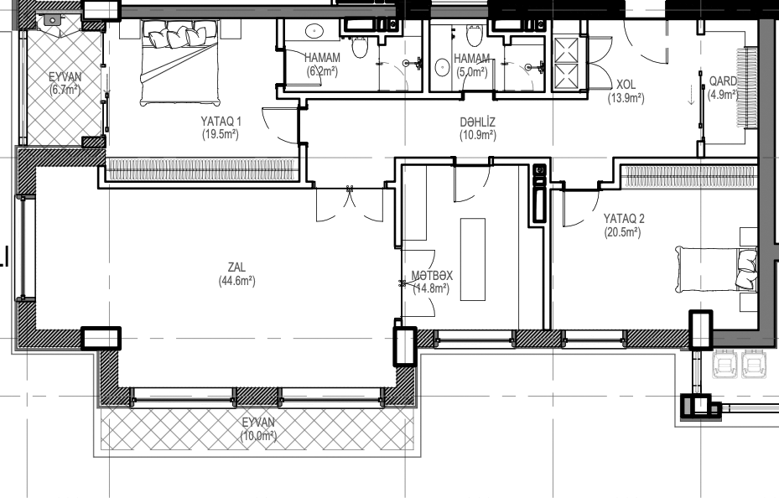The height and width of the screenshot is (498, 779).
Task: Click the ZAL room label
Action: point(236,267)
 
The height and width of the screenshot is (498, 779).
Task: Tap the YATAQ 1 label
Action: point(221,121)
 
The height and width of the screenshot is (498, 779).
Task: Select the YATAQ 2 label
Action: point(624,219)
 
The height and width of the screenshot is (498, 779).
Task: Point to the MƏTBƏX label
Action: point(432,276)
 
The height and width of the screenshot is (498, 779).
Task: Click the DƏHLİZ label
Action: point(477,122)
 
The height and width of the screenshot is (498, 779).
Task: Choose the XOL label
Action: point(626,85)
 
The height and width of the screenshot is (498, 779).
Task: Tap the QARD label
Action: point(723,81)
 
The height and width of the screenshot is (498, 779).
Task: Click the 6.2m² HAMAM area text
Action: point(323,71)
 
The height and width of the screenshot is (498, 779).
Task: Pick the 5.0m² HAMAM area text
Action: point(472,72)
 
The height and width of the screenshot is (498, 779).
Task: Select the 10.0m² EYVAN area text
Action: point(258,437)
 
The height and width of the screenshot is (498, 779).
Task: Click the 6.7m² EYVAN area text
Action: point(65,90)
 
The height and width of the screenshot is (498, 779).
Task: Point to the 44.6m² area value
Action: point(237,281)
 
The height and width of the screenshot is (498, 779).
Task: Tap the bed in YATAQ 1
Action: point(179,62)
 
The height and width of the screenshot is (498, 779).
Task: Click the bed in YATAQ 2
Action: point(716,268)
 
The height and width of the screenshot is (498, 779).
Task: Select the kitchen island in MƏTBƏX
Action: point(472,259)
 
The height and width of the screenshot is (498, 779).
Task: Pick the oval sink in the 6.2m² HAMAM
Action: point(314,31)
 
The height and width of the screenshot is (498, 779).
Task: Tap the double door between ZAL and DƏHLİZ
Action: point(350,205)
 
